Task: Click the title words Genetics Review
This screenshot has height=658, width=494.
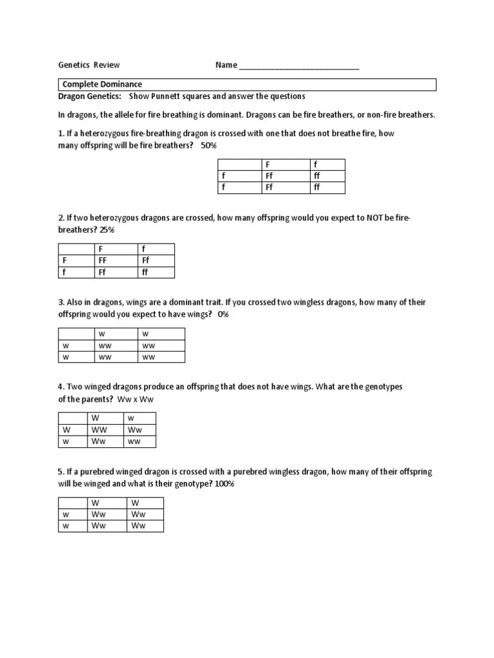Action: click(89, 65)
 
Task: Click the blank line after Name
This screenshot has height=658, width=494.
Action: click(298, 66)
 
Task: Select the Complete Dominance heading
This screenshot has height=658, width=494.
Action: click(102, 84)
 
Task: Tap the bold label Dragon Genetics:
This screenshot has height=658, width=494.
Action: click(90, 96)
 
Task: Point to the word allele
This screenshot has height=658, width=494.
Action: click(121, 115)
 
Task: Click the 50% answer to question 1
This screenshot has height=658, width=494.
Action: click(209, 146)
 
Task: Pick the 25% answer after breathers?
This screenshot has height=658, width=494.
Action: click(107, 230)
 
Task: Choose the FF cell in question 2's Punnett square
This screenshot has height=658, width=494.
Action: click(102, 261)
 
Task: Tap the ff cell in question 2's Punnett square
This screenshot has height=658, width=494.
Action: click(145, 272)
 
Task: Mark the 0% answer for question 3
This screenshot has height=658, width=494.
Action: click(223, 314)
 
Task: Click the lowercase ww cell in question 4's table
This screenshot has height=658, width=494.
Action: click(134, 441)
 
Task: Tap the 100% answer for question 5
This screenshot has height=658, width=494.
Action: click(224, 484)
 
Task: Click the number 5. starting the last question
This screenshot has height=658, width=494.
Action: click(61, 472)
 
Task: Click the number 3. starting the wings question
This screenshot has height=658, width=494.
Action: click(61, 302)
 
